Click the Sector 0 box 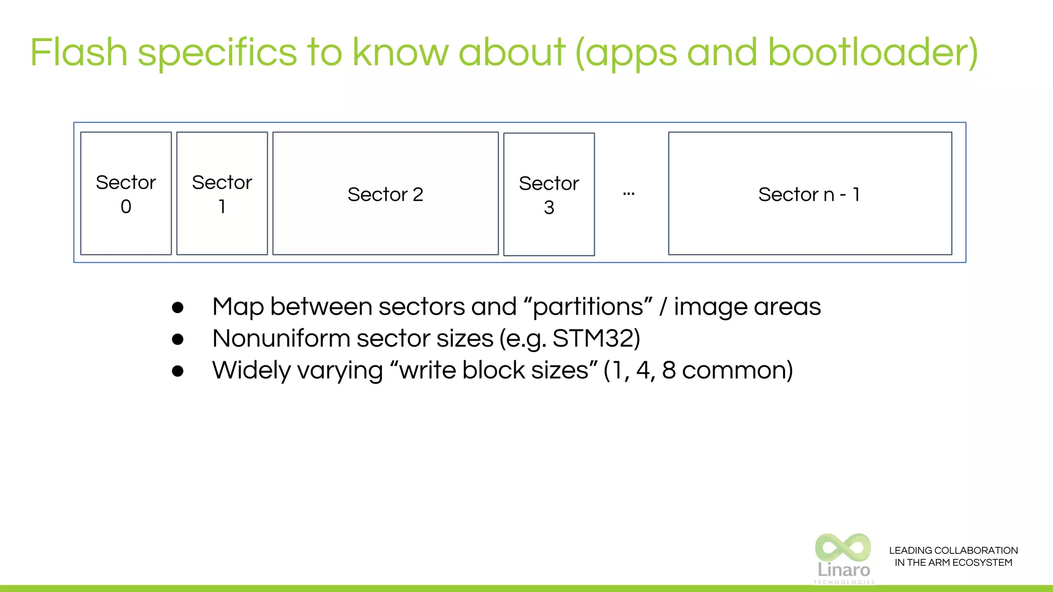point(126,193)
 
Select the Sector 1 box point(222,193)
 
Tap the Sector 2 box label point(385,195)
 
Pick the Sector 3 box point(549,194)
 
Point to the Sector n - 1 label point(809,195)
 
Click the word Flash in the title point(79,52)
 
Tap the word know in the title point(401,52)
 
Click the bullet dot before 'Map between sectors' point(178,307)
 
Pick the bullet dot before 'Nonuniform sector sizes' point(178,339)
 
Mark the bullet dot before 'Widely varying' point(178,371)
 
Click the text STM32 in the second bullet point(592,339)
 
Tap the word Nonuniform point(281,339)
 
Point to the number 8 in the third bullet point(669,370)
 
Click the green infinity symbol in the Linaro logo point(843,547)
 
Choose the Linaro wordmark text point(844,570)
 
